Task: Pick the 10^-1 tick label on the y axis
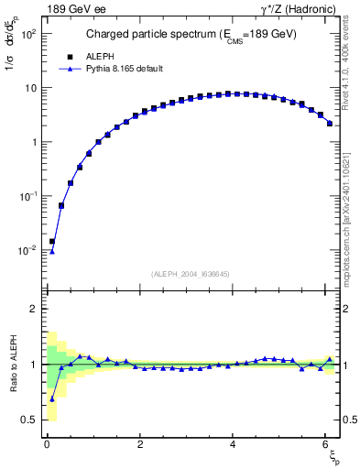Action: coord(27,196)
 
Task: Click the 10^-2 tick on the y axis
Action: coord(27,250)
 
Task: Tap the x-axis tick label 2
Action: coord(140,444)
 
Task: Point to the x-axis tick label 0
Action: coord(47,444)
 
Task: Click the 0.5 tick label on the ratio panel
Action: coord(29,420)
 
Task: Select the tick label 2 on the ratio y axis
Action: coord(34,309)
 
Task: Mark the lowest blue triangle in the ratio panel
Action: coord(52,398)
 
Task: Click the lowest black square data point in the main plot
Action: coord(52,242)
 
